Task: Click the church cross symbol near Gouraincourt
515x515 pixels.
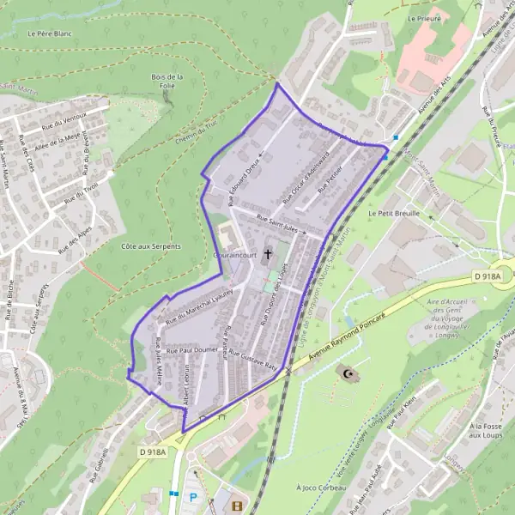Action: pos(269,253)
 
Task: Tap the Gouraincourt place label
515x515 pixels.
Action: pos(236,256)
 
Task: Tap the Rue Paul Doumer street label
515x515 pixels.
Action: pos(192,350)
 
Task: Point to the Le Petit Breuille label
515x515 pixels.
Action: pos(394,212)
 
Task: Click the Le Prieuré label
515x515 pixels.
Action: pos(424,17)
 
